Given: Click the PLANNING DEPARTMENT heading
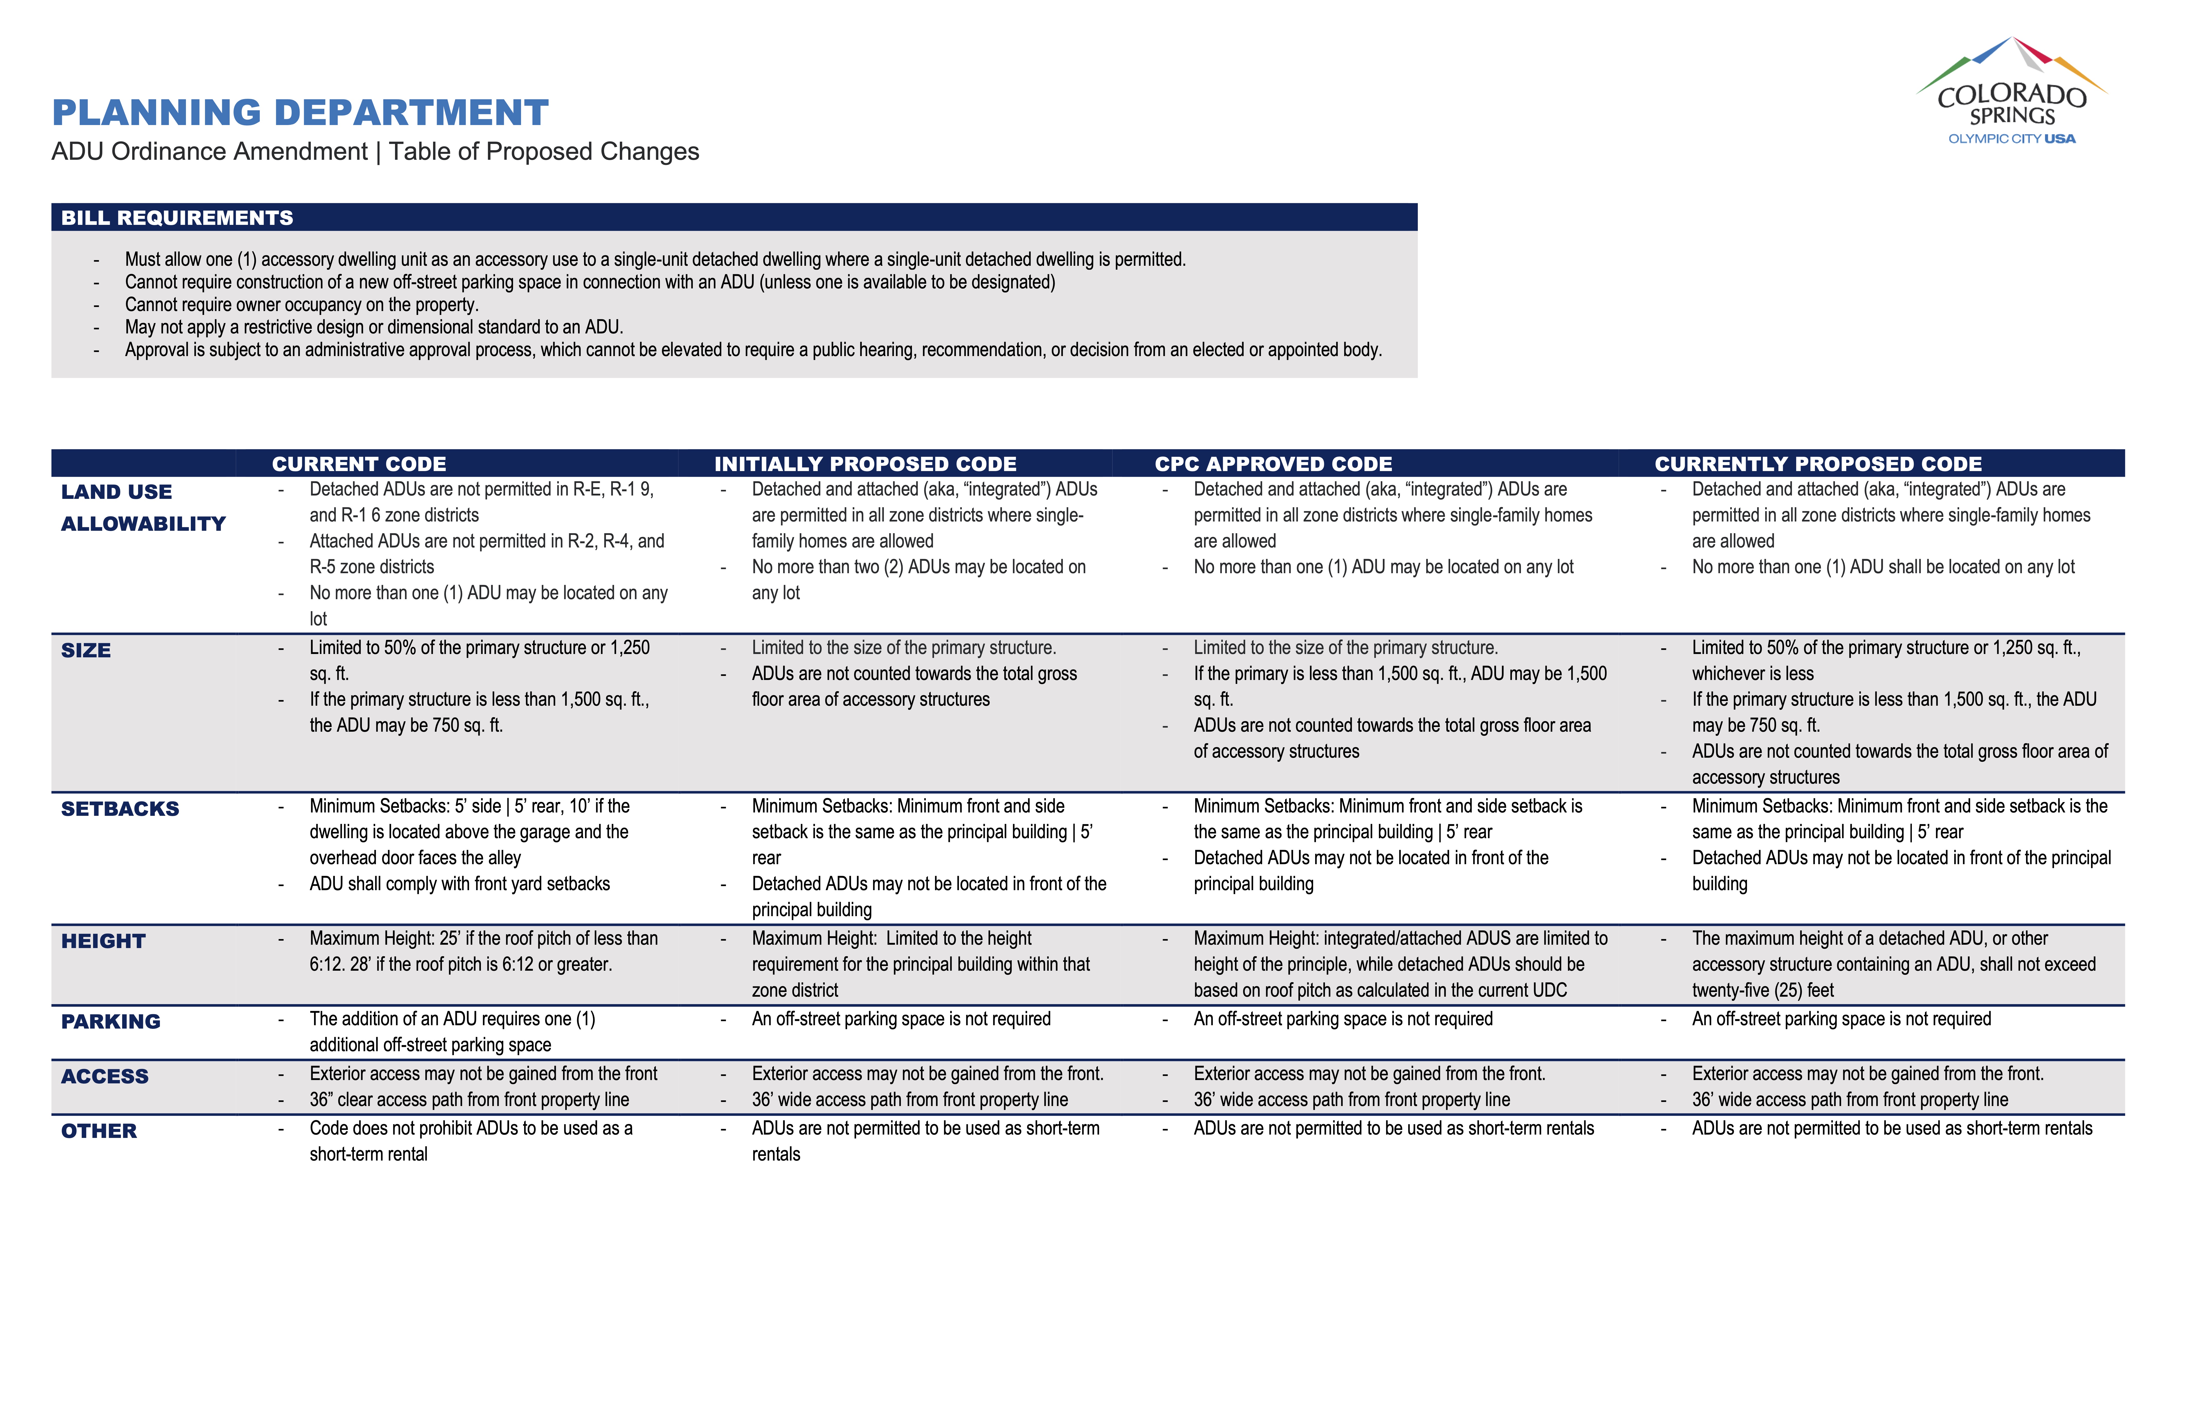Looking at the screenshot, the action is click(300, 113).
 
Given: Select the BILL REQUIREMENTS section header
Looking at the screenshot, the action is click(177, 218).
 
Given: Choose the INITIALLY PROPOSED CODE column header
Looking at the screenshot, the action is click(865, 464).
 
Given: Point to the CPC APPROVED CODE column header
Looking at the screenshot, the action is click(1273, 464).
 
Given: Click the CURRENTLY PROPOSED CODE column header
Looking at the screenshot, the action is click(1818, 464).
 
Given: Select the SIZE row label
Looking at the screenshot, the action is click(86, 651).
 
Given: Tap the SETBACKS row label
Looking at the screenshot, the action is click(120, 809).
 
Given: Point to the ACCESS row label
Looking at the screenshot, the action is click(105, 1076).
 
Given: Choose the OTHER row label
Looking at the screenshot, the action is click(99, 1131).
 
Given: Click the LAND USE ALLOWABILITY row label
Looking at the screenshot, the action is click(143, 507).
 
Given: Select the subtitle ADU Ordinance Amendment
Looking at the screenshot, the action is click(209, 152).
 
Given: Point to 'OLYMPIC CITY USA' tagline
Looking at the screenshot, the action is click(2011, 139).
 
